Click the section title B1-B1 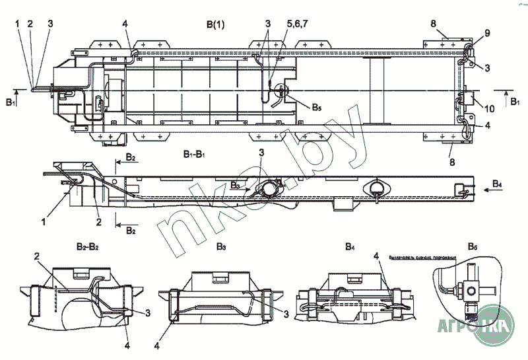click(x=197, y=153)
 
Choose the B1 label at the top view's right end click(x=515, y=102)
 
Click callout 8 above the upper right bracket click(x=434, y=24)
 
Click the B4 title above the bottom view click(x=349, y=246)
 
